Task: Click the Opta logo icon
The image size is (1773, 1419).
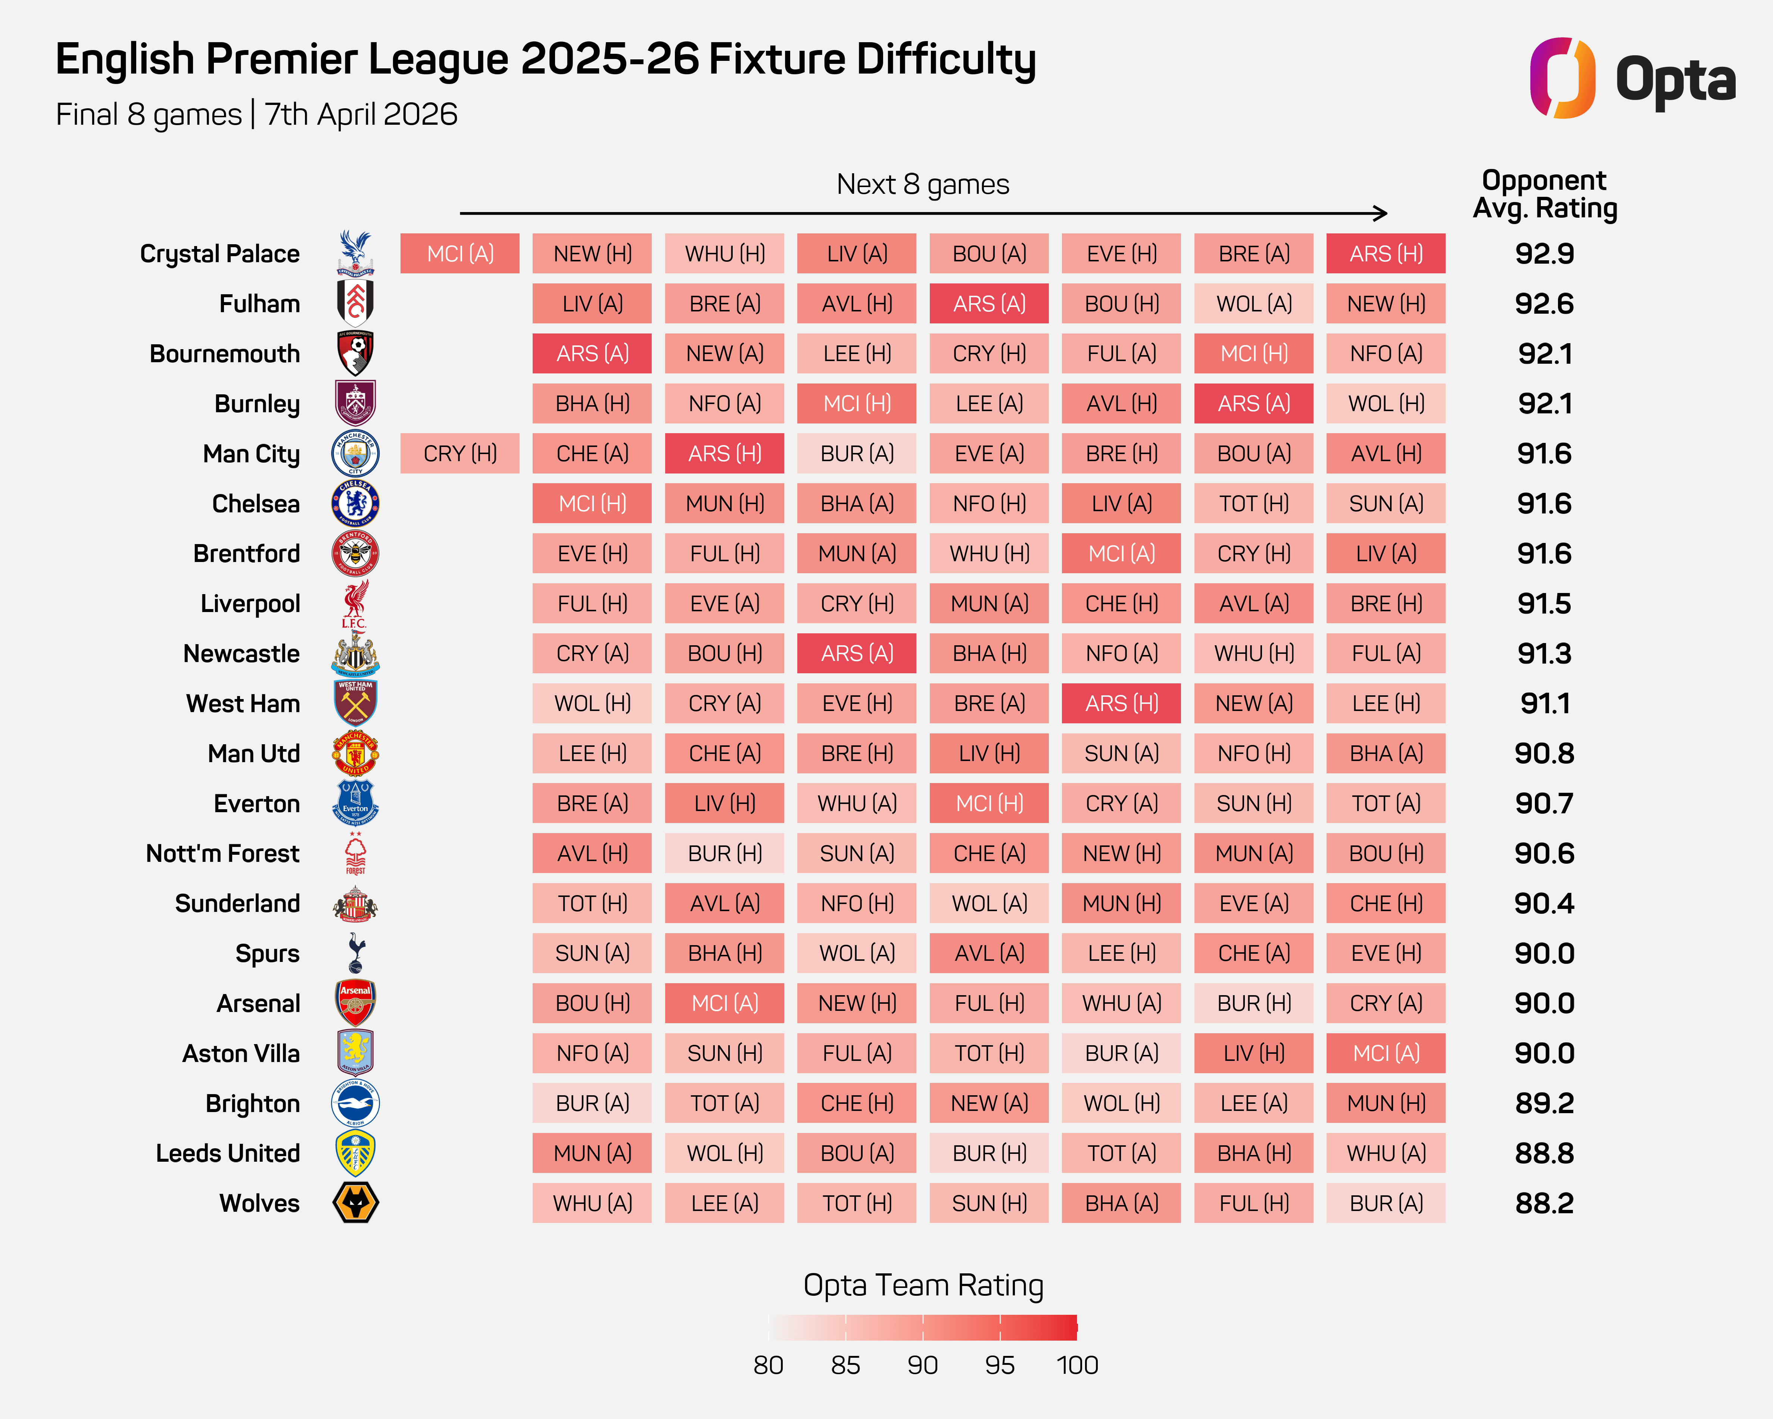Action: [1562, 78]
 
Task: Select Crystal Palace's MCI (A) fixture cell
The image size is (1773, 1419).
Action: [460, 253]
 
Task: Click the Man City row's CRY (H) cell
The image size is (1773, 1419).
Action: [460, 453]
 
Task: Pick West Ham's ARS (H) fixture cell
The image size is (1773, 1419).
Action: [1121, 703]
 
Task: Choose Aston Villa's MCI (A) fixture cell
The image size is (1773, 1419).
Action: [1386, 1053]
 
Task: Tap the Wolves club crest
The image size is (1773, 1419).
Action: [355, 1203]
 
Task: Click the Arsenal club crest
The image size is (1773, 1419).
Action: [355, 1003]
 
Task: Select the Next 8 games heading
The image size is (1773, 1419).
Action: [923, 184]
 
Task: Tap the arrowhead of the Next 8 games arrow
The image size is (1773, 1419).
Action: [1381, 214]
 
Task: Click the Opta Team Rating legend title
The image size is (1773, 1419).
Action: [923, 1285]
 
